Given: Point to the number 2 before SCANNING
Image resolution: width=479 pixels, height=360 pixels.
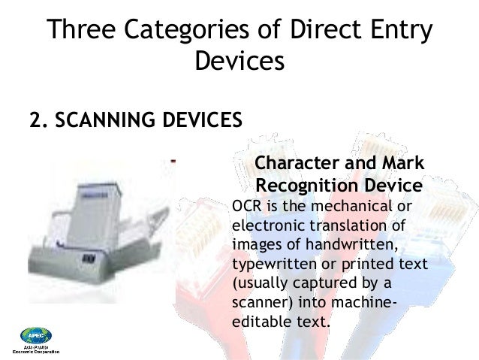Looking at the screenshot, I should point(33,120).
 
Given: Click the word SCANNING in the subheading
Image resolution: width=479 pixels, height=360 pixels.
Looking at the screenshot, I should point(100,120).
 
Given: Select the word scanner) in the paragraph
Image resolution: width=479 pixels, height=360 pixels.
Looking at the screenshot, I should point(259,304).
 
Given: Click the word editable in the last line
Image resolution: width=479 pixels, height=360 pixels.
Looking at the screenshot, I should point(256,324).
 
